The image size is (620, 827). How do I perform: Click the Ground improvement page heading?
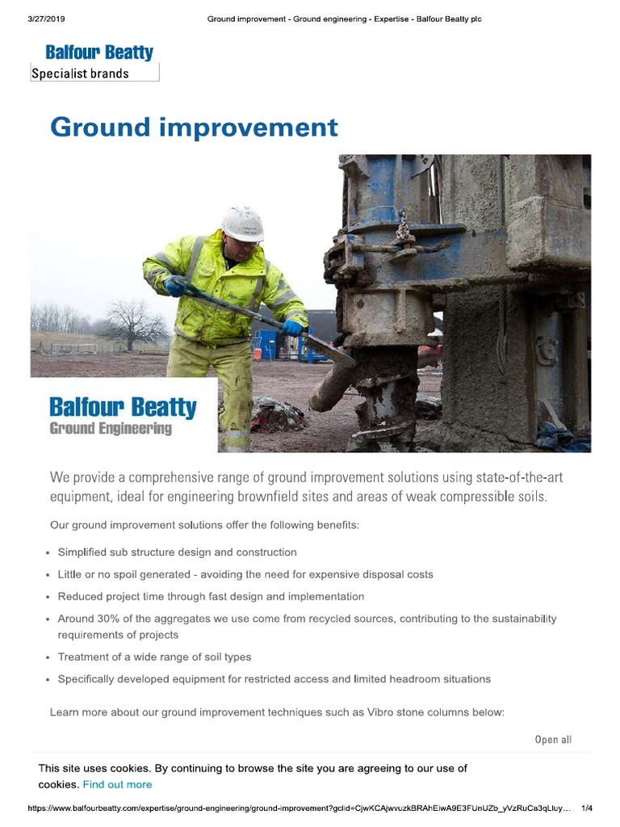(194, 128)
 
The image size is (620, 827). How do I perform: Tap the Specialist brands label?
(80, 73)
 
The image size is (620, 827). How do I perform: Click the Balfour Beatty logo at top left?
(99, 53)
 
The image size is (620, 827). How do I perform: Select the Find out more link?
(117, 784)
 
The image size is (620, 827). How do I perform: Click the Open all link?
(553, 740)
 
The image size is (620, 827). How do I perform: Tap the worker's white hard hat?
(243, 224)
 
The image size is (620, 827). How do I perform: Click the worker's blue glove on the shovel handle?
(175, 286)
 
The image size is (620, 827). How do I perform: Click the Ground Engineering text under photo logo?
(111, 429)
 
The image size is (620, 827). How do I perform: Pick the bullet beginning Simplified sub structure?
(177, 552)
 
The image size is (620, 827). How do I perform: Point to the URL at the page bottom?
(300, 808)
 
